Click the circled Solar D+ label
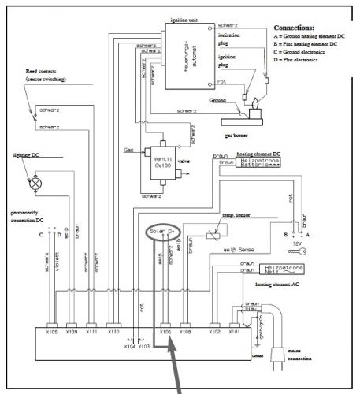164,231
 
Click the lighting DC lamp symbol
35,181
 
